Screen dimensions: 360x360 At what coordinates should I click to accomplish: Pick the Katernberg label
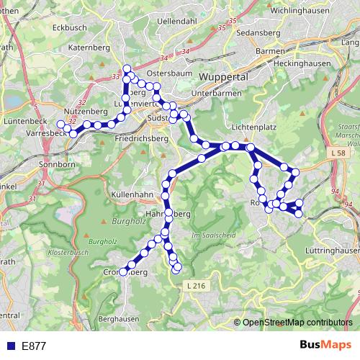point(88,48)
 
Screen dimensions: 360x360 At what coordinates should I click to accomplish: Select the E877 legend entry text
point(34,346)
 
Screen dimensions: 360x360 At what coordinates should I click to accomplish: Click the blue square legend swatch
point(9,346)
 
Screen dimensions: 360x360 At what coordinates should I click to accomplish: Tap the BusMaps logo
point(325,345)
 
